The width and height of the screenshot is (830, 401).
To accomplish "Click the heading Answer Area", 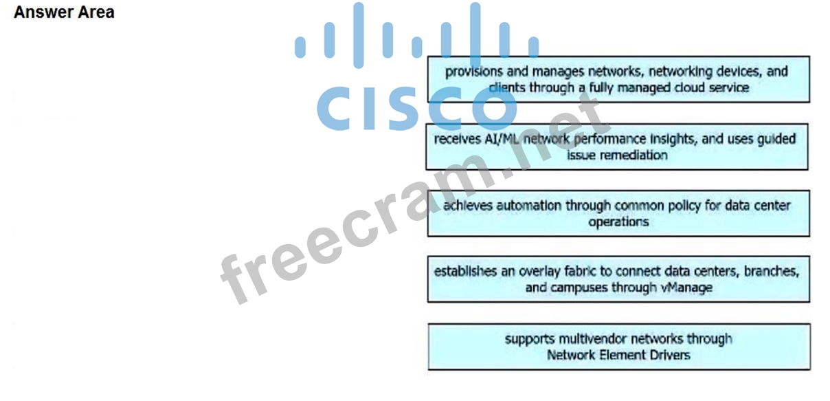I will click(64, 12).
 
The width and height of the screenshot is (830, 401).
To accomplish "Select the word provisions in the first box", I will click(474, 71).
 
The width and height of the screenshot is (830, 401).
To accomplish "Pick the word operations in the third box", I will click(618, 222).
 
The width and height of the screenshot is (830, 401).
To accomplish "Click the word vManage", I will click(685, 288).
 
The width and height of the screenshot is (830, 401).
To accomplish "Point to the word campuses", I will click(580, 288).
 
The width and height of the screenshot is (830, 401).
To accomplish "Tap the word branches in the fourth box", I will click(772, 271).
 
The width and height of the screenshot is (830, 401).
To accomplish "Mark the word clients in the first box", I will click(506, 88).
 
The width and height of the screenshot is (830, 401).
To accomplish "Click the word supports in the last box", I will click(528, 338).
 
